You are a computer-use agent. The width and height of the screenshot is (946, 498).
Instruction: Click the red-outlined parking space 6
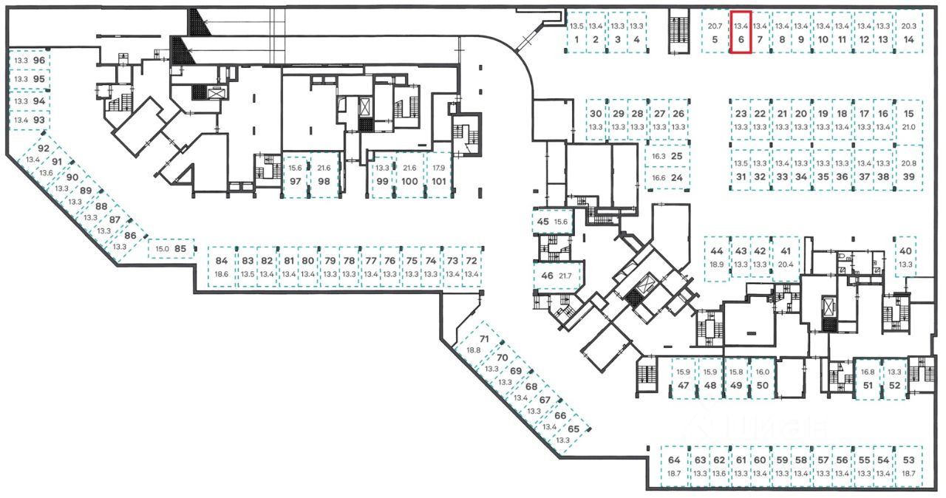click(x=741, y=33)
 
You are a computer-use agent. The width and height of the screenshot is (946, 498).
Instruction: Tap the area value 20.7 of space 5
click(x=715, y=26)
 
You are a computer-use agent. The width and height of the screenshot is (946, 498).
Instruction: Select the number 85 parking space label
click(x=180, y=249)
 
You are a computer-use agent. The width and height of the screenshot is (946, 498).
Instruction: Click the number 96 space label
click(x=39, y=60)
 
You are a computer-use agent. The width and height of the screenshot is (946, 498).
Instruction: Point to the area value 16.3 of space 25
click(x=659, y=157)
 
